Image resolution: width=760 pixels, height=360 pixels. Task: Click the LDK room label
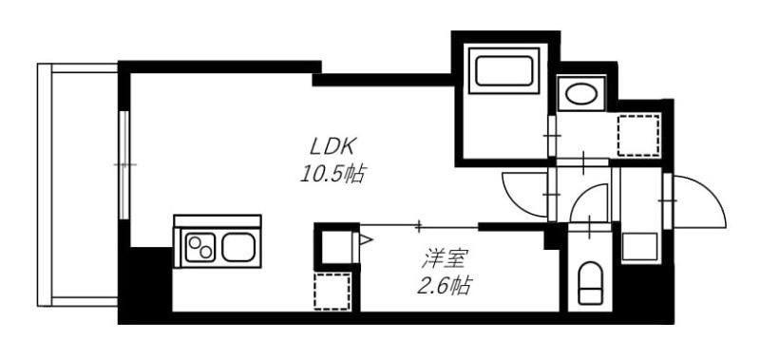click(332, 147)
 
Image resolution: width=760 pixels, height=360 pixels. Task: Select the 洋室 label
click(444, 256)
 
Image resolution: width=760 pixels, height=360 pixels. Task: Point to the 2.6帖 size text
click(443, 284)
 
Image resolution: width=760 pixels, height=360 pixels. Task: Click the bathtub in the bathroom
click(503, 73)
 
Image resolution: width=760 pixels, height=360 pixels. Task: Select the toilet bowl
click(591, 284)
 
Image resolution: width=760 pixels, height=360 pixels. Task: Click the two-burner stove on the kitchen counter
click(200, 249)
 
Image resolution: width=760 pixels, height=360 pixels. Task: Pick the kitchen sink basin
click(237, 249)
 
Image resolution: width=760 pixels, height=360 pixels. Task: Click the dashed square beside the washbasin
click(637, 135)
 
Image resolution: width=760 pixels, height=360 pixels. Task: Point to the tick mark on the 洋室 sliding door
click(419, 226)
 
